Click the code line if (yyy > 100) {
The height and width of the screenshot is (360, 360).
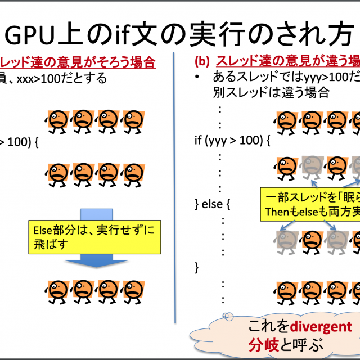pos(233,139)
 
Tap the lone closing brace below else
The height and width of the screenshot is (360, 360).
pos(196,266)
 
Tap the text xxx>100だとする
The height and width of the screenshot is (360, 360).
pos(62,78)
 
